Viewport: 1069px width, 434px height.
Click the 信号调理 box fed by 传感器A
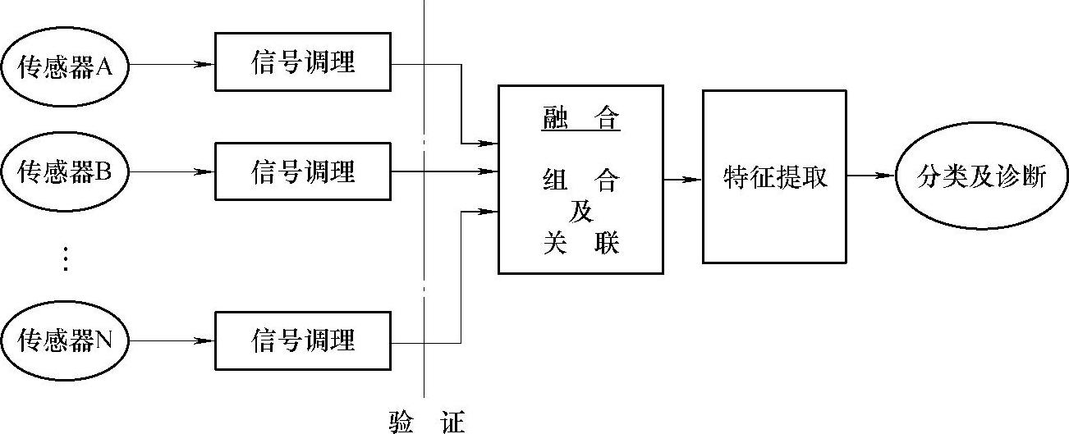(303, 62)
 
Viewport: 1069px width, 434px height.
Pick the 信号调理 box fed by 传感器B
(303, 171)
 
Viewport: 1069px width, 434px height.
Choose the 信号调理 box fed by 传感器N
(303, 340)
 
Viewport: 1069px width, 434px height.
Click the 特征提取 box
(774, 176)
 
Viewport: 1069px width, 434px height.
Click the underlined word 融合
(580, 119)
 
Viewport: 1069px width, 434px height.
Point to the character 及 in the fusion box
(581, 211)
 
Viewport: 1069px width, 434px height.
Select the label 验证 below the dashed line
(426, 423)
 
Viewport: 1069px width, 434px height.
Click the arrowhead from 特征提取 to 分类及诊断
(884, 175)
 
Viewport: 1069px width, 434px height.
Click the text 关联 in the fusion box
(580, 244)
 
